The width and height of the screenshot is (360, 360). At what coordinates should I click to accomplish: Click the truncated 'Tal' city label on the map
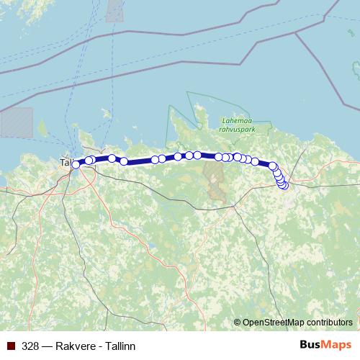(x=65, y=163)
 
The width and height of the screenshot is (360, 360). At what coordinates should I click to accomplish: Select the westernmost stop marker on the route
(x=76, y=165)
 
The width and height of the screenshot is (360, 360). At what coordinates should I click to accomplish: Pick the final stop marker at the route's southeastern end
(x=284, y=185)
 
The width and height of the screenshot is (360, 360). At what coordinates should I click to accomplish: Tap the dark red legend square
(x=11, y=346)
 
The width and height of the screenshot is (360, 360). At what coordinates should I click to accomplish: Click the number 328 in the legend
(x=30, y=346)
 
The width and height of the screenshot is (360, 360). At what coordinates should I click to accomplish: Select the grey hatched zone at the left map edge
(x=16, y=122)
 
